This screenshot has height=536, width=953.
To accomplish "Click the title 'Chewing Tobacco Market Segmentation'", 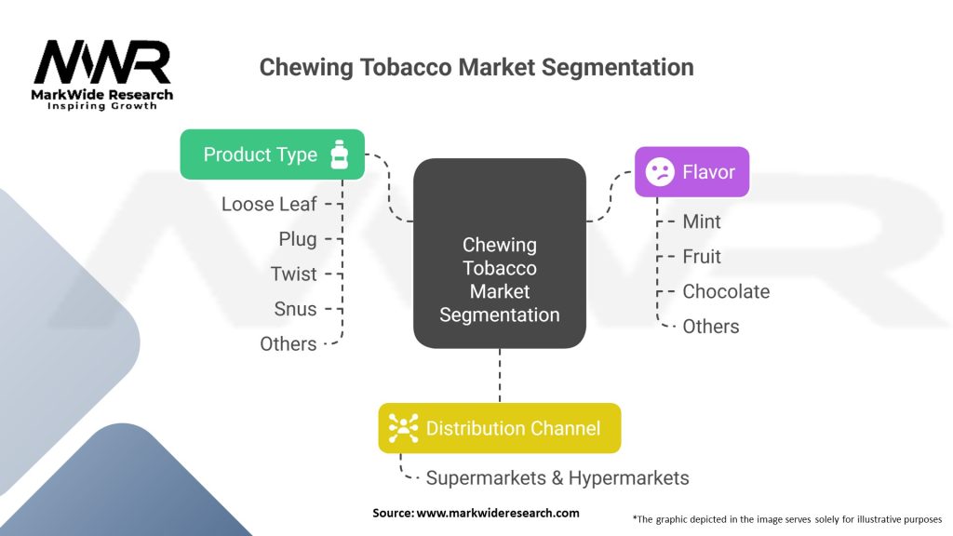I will point(476,68).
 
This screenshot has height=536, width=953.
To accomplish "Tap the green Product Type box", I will point(272,154).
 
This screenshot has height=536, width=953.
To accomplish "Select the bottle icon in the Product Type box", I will point(338,154).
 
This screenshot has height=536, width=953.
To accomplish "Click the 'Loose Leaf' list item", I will point(269,204).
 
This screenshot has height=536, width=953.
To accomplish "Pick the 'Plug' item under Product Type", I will point(298,239).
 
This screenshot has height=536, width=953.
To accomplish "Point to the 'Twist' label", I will point(294,274).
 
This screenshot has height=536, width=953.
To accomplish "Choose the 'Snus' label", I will point(295,309).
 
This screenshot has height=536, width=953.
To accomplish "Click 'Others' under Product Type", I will point(289,343).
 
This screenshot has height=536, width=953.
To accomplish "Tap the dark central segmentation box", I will point(500,253).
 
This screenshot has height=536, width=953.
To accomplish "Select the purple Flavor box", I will point(691,171).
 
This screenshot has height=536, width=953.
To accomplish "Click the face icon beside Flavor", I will point(660,171).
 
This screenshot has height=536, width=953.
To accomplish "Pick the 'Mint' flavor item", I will point(702,221).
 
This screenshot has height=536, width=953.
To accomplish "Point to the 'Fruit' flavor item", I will point(702,257).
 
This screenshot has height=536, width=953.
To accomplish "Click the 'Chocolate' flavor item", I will point(726,291).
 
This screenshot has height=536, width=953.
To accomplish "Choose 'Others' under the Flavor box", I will point(711,327).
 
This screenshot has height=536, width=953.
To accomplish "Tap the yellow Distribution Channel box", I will point(499,428).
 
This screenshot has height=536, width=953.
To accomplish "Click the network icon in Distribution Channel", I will point(404,428).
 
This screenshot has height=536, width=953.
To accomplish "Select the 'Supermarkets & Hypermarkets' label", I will point(557,478).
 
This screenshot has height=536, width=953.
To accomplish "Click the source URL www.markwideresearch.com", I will point(498,513).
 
